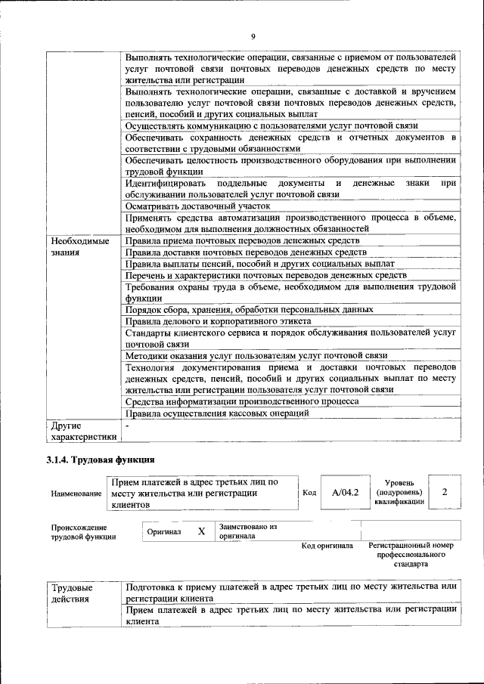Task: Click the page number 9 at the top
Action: pos(253,36)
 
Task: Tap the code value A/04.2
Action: pos(345,493)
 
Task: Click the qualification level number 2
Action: pos(444,493)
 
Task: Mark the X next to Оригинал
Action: pos(201,531)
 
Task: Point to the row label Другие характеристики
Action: pos(82,431)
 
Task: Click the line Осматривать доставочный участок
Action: pos(197,206)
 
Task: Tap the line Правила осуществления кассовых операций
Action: pos(218,413)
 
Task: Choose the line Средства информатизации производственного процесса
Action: pos(242,402)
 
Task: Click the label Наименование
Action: pos(76,494)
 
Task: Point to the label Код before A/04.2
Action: pos(309,493)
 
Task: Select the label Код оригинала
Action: pos(327,546)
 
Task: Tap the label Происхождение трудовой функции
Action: pos(83,532)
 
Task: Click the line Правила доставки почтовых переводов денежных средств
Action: pos(247,252)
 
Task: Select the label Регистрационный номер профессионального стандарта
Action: pos(411,555)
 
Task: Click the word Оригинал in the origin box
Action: pos(164,532)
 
